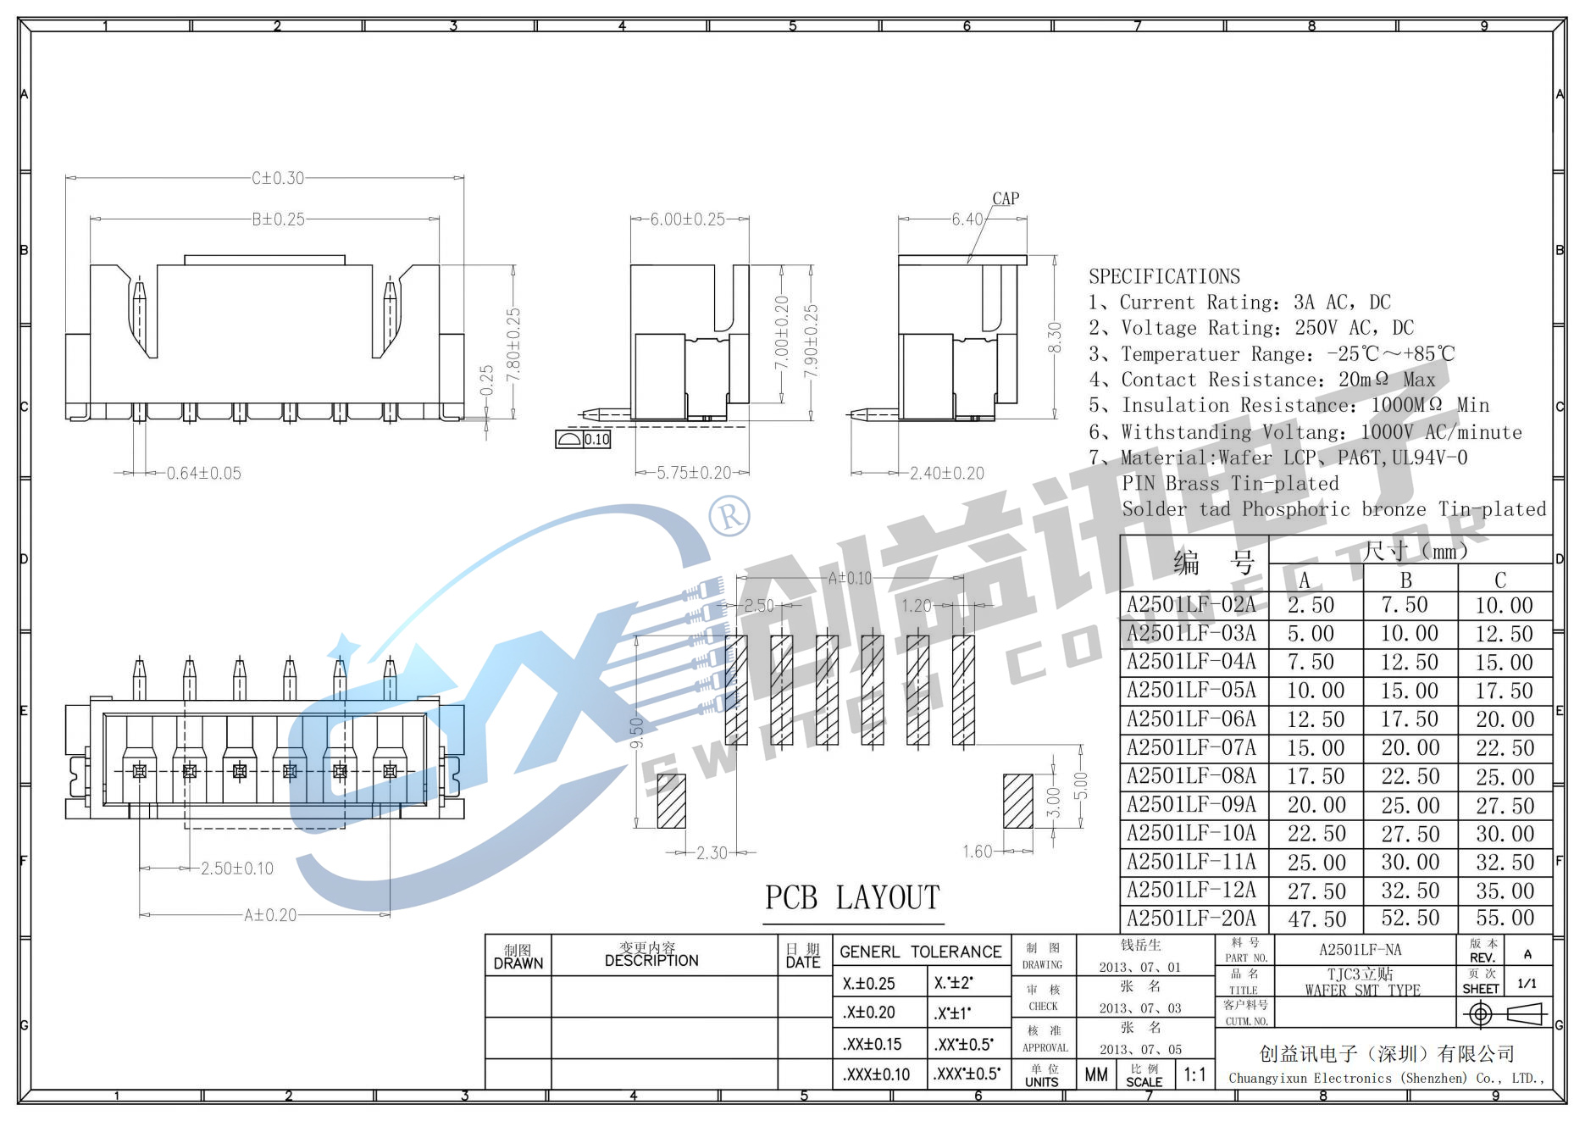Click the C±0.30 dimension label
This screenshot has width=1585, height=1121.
point(278,178)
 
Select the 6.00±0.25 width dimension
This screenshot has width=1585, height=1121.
point(687,219)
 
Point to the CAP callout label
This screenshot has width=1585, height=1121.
point(1006,199)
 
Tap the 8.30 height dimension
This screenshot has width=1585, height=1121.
point(1055,338)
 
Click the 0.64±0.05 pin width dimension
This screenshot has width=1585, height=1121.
point(203,474)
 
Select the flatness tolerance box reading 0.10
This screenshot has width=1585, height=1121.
point(596,440)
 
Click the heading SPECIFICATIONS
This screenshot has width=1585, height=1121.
point(1164,277)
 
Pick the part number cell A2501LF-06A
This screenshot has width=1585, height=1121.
point(1191,719)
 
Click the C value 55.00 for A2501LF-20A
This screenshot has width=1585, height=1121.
point(1505,918)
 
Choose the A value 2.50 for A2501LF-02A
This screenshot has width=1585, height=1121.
point(1311,606)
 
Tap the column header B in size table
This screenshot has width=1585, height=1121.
point(1405,580)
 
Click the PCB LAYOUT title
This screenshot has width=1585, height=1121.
point(852,898)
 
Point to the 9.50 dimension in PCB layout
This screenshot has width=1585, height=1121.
point(637,731)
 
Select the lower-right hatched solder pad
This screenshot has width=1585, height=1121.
point(1017,802)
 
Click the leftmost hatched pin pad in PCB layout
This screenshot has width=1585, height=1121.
point(736,691)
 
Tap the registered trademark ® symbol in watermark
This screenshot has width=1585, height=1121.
point(729,515)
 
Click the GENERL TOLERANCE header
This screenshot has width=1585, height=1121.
point(920,952)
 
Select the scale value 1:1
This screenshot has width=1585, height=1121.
point(1194,1075)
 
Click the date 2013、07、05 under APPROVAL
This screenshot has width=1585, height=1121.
point(1140,1050)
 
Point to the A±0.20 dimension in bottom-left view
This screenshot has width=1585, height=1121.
point(270,915)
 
